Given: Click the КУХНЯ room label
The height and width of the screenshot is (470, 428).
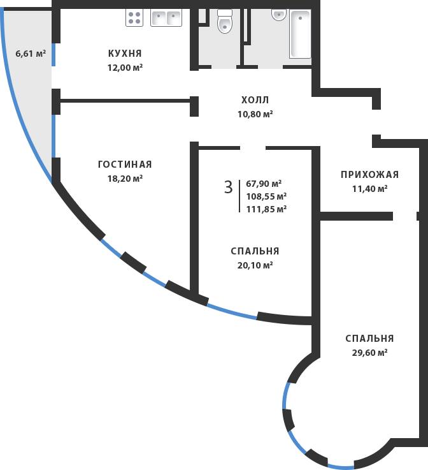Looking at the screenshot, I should [x=125, y=54].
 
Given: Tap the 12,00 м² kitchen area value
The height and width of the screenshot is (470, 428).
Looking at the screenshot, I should [x=125, y=67].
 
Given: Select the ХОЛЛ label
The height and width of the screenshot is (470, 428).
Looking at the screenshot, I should [x=255, y=100].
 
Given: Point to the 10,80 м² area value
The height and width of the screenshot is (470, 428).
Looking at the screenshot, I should [x=255, y=114].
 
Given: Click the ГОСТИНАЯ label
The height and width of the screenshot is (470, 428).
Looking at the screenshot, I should [x=125, y=165].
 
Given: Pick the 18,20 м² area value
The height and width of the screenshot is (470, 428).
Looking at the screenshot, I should [x=125, y=179].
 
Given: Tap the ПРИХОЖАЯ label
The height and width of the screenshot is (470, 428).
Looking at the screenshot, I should [x=369, y=175].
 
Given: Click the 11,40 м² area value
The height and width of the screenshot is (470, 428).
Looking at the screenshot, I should [x=369, y=189].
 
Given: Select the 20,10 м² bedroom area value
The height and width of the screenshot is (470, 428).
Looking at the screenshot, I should [x=255, y=265].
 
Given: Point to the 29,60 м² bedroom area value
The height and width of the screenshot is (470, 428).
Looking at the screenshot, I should [x=369, y=353].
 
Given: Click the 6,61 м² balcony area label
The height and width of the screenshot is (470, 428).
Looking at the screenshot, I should [x=31, y=54].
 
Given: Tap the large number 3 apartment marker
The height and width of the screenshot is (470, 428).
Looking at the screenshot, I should [x=228, y=187].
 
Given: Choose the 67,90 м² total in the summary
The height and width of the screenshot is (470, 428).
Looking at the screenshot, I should [x=264, y=184].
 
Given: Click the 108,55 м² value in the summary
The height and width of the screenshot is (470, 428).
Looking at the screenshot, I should [x=266, y=196].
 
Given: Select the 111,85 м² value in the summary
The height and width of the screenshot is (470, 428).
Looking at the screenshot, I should [x=266, y=209].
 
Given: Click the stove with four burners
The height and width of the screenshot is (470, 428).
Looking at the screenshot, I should [x=134, y=17].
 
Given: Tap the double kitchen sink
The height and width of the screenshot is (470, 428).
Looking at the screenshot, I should [x=166, y=17].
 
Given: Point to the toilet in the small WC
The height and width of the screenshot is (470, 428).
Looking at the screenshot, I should [x=224, y=23].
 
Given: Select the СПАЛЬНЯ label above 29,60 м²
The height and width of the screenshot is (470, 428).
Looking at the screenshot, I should [x=369, y=339].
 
